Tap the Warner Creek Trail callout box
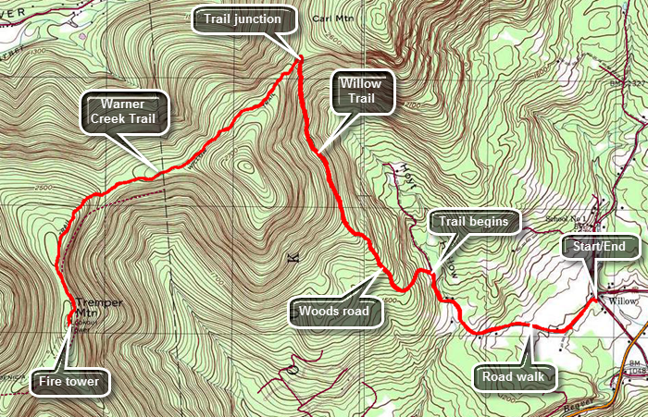pos(125,110)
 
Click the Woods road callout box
pos(333,312)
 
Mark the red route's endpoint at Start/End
pos(592,300)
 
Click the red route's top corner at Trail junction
pos(300,59)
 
